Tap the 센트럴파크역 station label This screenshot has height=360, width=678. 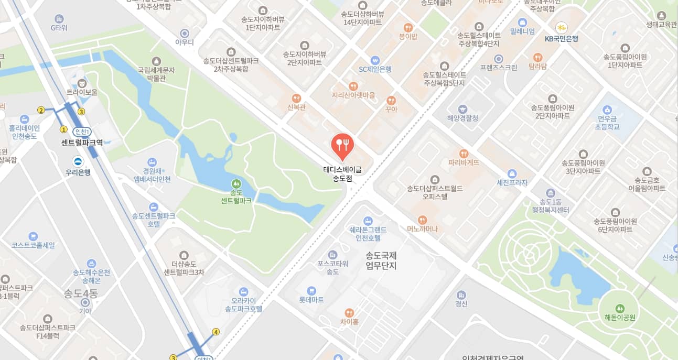point(82,142)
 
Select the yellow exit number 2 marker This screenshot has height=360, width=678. point(41,110)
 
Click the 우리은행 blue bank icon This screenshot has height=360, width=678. point(78,161)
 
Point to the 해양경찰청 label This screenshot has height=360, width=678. point(463,118)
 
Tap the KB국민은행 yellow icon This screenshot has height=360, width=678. point(561,27)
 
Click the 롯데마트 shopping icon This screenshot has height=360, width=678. point(311,290)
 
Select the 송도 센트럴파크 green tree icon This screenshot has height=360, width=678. point(236,184)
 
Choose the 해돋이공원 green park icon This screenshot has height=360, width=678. point(620,308)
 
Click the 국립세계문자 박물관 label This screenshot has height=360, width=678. point(156,74)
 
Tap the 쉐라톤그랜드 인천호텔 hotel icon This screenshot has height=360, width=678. point(368,221)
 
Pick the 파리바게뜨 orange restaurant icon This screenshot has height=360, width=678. point(464,154)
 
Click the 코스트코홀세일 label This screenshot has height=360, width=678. point(34,245)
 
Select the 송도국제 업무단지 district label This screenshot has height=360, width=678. point(381,261)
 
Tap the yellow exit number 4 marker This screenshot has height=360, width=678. point(216,332)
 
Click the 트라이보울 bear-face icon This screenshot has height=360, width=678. point(82,83)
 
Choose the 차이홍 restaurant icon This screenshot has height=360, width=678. point(349,312)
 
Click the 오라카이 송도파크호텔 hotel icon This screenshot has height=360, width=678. point(243,291)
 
